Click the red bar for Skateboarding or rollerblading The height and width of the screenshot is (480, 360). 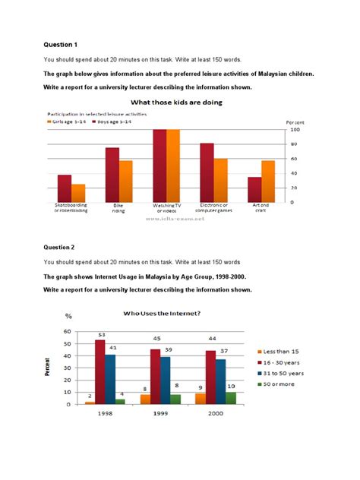pos(65,188)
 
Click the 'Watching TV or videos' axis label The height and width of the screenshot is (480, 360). pos(166,208)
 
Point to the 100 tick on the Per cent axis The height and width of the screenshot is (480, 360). pos(292,130)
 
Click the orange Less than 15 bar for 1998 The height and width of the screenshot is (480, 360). pos(89,403)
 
